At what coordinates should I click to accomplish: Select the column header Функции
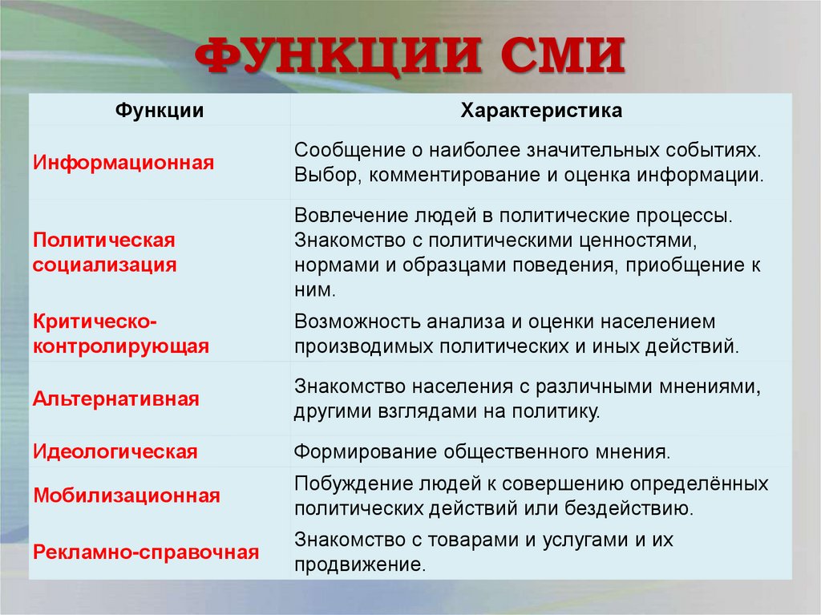click(158, 111)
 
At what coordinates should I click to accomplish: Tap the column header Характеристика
click(541, 111)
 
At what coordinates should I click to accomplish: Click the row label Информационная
click(123, 163)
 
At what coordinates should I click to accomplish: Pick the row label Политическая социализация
click(104, 253)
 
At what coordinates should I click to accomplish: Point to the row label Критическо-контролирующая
click(120, 334)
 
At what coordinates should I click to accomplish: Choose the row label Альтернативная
click(115, 399)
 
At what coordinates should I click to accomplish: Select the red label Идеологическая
click(115, 451)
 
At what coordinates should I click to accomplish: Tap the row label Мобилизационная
click(126, 496)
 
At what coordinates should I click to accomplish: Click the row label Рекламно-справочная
click(146, 552)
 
